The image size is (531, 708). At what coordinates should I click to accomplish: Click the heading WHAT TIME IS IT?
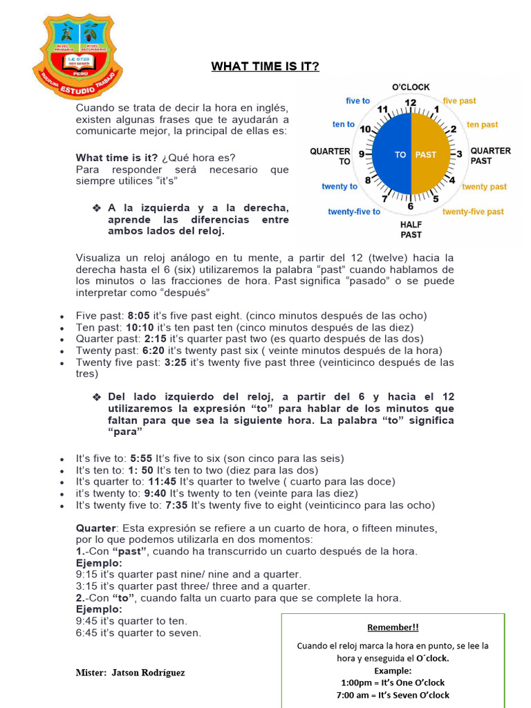tap(265, 66)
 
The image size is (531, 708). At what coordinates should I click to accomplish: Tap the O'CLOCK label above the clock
tap(411, 87)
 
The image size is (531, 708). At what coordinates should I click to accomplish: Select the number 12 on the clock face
tap(411, 103)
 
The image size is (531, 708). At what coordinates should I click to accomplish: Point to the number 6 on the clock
tap(411, 206)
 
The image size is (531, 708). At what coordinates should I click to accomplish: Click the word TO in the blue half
tap(400, 155)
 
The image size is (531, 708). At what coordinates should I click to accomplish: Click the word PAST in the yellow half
tap(425, 155)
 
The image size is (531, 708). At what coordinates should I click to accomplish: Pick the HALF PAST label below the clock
tap(411, 230)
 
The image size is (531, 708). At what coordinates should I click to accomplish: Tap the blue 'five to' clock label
tap(357, 101)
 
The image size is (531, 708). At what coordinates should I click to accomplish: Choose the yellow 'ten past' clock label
tap(482, 125)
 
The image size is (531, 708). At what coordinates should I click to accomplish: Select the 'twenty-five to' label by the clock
tap(353, 212)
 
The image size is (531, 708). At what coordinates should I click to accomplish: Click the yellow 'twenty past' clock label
tap(484, 187)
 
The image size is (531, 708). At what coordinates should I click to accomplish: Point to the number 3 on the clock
tap(459, 154)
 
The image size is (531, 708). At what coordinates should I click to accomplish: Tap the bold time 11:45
tap(162, 481)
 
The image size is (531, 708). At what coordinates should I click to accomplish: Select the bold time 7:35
tap(176, 505)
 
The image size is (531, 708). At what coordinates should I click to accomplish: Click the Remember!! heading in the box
tap(393, 628)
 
